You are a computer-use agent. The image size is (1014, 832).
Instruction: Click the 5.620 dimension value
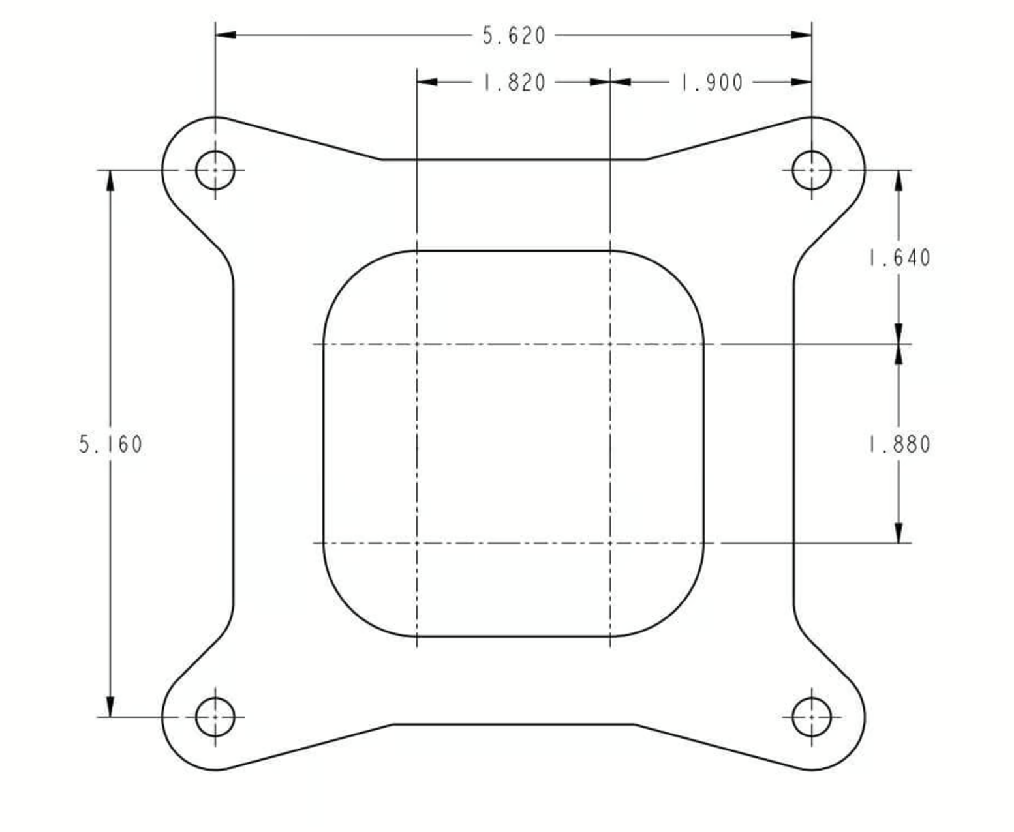pos(514,36)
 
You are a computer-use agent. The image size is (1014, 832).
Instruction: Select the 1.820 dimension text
pos(514,83)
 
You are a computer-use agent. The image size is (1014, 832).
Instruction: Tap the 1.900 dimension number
pos(712,83)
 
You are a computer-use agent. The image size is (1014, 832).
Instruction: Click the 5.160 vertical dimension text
pos(110,444)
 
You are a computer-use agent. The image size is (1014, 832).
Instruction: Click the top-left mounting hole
pos(215,170)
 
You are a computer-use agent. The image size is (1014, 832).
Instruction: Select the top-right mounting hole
pos(812,170)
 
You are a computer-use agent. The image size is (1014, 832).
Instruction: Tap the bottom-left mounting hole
pos(215,717)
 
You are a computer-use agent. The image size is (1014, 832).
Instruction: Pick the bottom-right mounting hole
pos(812,717)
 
